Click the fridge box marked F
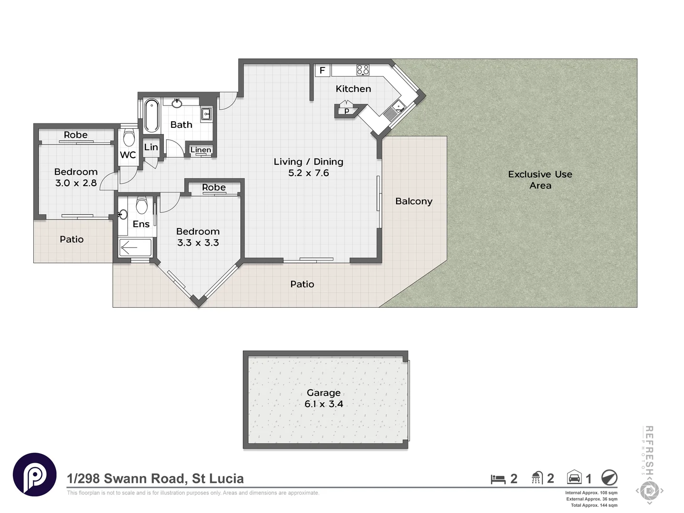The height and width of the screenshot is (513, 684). (322, 70)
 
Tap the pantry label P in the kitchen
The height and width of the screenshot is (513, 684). (347, 111)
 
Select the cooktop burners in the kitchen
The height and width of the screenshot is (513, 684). (363, 70)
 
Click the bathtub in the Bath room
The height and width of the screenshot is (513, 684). (151, 115)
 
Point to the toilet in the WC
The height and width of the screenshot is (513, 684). (129, 138)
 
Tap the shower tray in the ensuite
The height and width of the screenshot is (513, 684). (135, 247)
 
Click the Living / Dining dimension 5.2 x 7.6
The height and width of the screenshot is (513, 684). (308, 173)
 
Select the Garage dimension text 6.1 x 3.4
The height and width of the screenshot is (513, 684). (323, 404)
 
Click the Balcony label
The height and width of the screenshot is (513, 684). (414, 201)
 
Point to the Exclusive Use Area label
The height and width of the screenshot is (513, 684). (540, 180)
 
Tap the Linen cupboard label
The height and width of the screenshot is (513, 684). (200, 150)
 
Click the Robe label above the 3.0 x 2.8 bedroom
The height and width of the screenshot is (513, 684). (76, 135)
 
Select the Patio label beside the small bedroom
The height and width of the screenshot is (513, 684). (72, 239)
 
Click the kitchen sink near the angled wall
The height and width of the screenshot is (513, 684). (394, 109)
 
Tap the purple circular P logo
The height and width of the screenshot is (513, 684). (35, 475)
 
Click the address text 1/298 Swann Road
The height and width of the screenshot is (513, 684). (155, 478)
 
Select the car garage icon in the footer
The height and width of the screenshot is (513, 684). (574, 477)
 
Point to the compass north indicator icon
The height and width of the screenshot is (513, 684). (609, 477)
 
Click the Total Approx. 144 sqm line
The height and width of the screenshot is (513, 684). (594, 505)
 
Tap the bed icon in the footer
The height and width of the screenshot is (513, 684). (498, 479)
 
